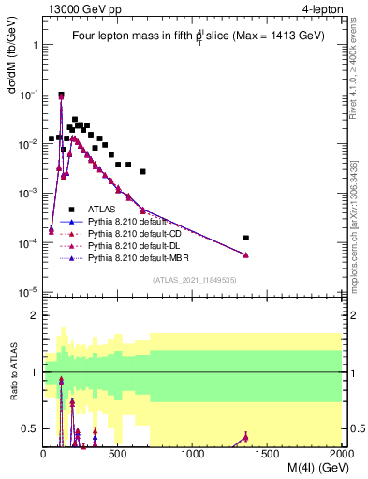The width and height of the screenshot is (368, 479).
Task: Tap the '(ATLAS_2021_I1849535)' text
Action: pyautogui.click(x=193, y=279)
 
